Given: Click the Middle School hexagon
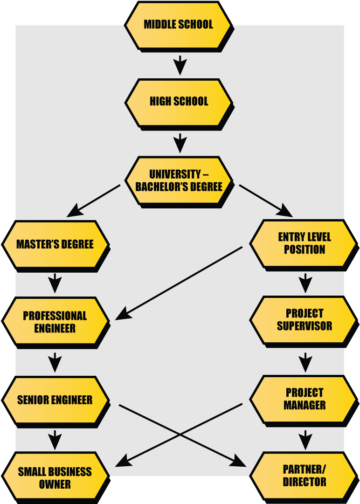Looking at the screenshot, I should click(x=178, y=25).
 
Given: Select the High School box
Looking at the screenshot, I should click(x=179, y=102).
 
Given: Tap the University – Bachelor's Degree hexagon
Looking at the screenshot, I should click(x=179, y=180).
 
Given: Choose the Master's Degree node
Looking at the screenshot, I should click(x=55, y=244).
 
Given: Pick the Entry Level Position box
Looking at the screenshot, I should click(x=304, y=243).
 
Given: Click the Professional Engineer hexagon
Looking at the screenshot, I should click(x=55, y=322).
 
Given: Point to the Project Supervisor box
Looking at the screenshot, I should click(x=304, y=319).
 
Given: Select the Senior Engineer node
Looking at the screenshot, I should click(x=55, y=400).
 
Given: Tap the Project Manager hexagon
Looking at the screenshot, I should click(x=304, y=399).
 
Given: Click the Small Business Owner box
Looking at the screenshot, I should click(x=55, y=477).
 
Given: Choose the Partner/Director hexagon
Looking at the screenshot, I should click(x=304, y=476).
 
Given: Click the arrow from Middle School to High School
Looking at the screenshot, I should click(x=180, y=64).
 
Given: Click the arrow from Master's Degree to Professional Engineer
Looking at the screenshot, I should click(x=55, y=283).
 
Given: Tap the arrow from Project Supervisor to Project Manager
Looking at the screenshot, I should click(x=305, y=362).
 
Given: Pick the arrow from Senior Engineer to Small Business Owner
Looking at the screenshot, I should click(x=55, y=440).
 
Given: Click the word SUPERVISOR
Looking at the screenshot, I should click(x=305, y=325).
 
